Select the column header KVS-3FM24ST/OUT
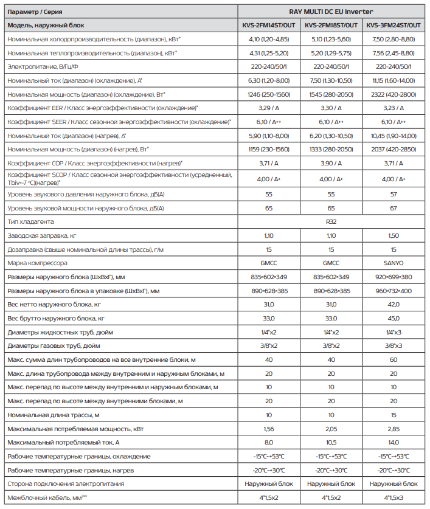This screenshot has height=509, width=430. tap(394, 25)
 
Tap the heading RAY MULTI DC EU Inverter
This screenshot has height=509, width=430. tap(331, 12)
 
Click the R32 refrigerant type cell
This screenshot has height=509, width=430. tap(331, 222)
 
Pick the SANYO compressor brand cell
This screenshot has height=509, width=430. tap(394, 264)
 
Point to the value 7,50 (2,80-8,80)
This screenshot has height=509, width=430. tap(394, 39)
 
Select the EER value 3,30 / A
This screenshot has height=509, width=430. tap(331, 108)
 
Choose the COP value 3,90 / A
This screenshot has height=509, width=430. tap(331, 164)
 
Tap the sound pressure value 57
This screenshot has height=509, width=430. tap(394, 194)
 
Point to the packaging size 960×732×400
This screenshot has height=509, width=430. tap(394, 291)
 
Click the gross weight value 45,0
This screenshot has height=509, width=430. tap(394, 319)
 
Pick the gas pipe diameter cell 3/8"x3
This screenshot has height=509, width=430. tap(394, 346)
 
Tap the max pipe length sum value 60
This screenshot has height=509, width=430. tap(394, 360)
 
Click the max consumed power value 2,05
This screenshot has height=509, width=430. tap(331, 429)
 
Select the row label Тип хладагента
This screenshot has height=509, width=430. tap(30, 222)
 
